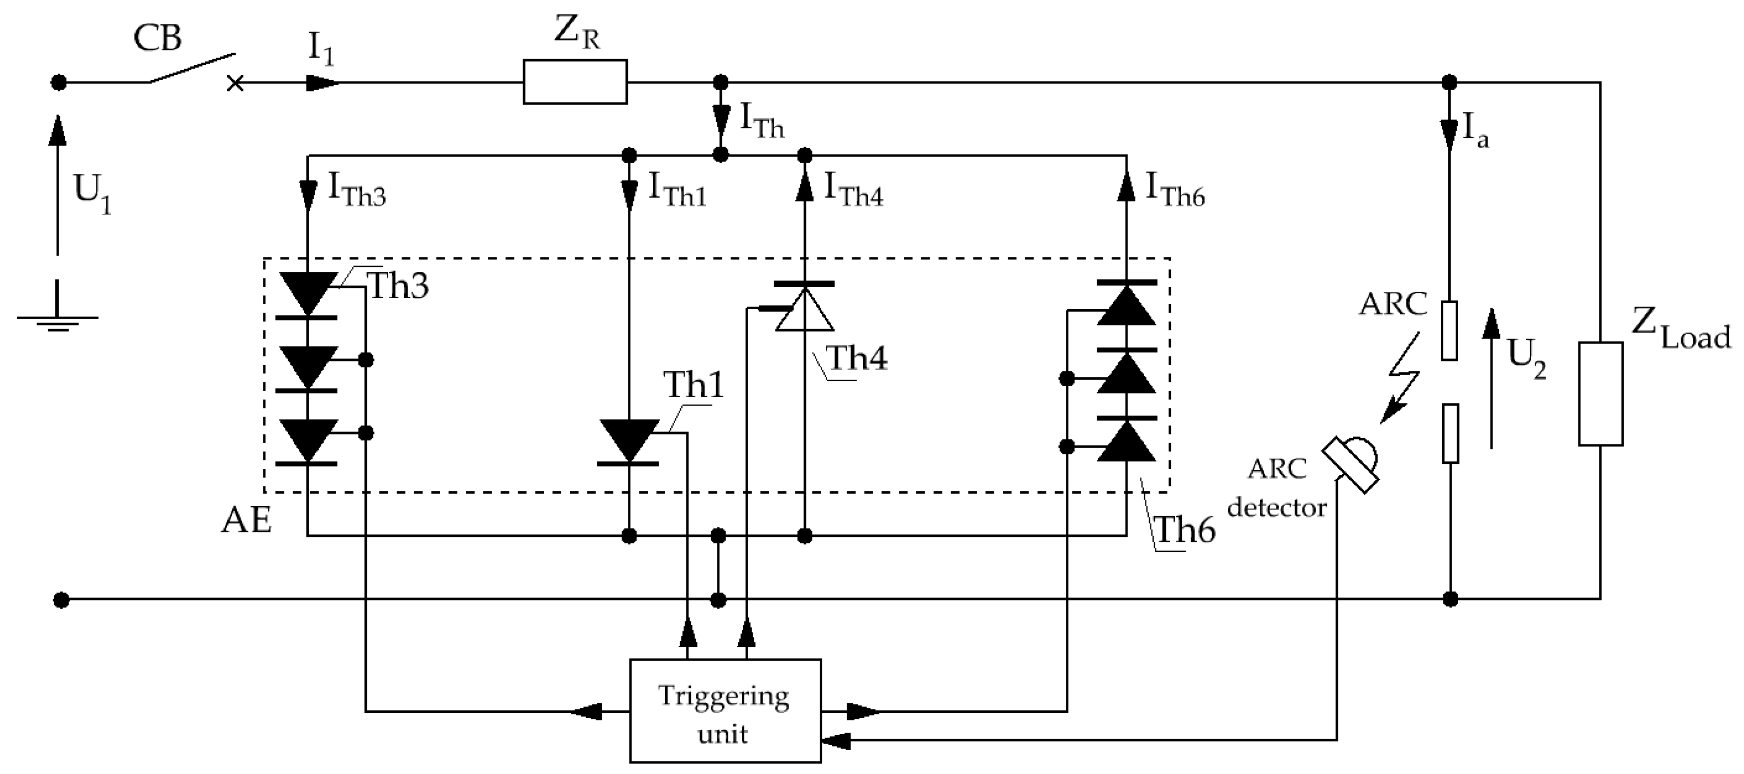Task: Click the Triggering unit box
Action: (x=725, y=710)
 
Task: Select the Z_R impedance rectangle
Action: (x=575, y=82)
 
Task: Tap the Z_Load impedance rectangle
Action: (x=1600, y=393)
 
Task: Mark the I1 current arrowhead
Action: (x=322, y=83)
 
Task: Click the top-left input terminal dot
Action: (x=59, y=83)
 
